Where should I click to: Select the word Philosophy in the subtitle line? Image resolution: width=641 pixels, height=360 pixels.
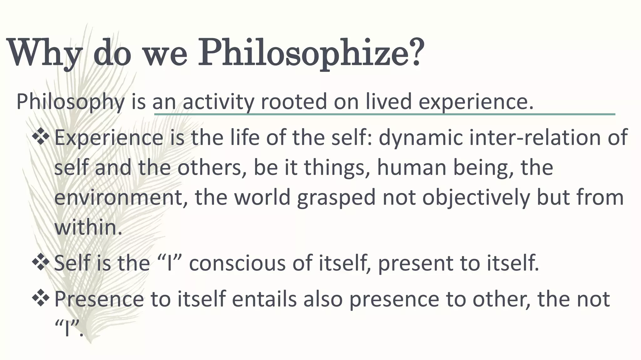pyautogui.click(x=70, y=102)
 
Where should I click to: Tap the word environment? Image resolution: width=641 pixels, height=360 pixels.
pyautogui.click(x=119, y=197)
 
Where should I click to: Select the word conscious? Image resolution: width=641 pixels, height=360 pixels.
pyautogui.click(x=237, y=263)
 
